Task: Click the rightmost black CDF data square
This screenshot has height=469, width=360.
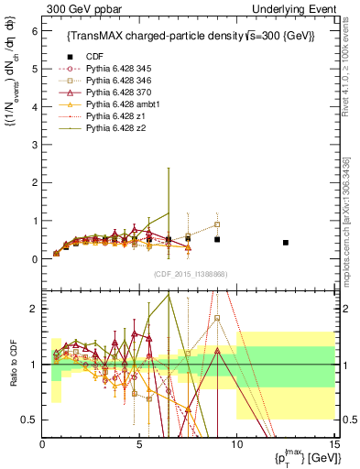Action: point(286,243)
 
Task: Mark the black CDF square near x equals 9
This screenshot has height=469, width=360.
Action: point(217,239)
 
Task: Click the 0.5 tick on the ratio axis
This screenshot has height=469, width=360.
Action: point(29,420)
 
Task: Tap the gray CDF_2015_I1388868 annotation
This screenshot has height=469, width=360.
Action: point(191,274)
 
